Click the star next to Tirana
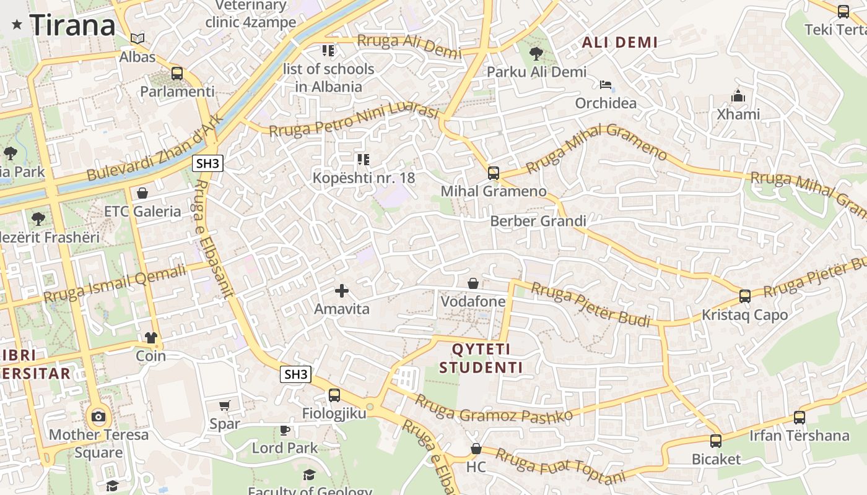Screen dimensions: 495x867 point(17,25)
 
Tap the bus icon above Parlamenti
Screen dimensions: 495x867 point(177,74)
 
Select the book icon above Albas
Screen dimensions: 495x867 point(137,39)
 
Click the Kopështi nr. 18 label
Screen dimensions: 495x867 point(364,178)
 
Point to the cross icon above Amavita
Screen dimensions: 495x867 point(342,290)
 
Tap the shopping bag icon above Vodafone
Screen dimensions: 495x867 point(473,283)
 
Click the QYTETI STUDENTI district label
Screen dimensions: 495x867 point(481,358)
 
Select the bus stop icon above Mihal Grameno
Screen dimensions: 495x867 point(494,173)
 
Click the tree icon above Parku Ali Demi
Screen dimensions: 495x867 point(536,54)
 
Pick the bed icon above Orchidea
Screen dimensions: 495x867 point(606,85)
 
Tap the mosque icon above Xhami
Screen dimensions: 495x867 point(738,97)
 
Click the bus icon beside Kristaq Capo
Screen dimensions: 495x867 point(745,296)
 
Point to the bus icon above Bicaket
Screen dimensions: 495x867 point(716,441)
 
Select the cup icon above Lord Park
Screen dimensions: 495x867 point(285,429)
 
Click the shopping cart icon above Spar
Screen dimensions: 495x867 point(224,406)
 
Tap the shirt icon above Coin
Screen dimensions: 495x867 point(151,338)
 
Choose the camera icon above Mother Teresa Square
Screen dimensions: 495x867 point(98,416)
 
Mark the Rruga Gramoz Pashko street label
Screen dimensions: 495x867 point(494,408)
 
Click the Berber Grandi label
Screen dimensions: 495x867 point(538,221)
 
